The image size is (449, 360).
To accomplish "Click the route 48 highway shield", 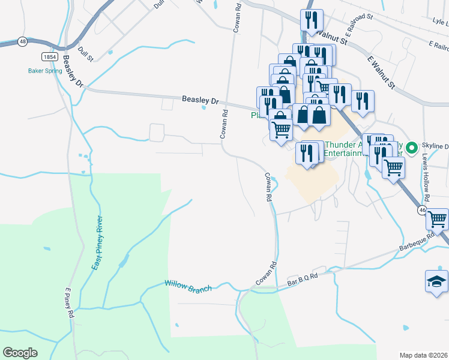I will [22, 41].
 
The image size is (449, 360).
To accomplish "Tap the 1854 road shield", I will [50, 56].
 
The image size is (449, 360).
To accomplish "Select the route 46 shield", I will [423, 210].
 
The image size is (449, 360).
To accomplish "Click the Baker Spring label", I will [45, 70].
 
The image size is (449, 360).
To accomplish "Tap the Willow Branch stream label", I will [188, 286].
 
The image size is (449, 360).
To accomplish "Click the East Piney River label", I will [99, 242].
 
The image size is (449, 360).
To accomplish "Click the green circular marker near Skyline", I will [412, 147].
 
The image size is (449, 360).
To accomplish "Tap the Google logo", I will [20, 353].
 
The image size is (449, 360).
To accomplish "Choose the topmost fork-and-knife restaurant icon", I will [311, 19].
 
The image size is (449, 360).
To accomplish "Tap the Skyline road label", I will [435, 146].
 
